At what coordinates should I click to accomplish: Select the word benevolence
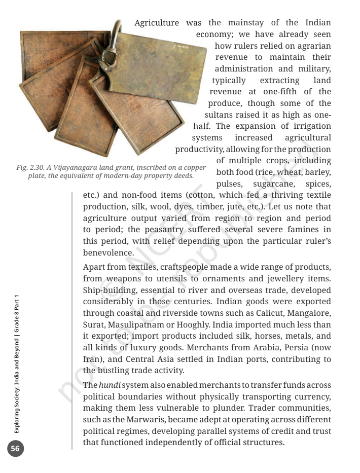pyautogui.click(x=109, y=252)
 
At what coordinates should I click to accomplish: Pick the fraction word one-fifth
pyautogui.click(x=283, y=91)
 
